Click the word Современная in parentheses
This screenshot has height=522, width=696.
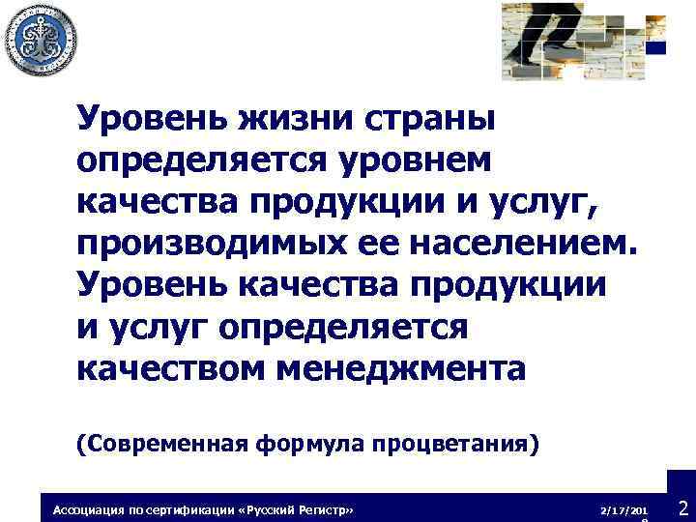pyautogui.click(x=162, y=444)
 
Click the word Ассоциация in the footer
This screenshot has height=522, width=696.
pyautogui.click(x=88, y=508)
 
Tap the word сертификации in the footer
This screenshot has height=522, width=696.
pyautogui.click(x=193, y=508)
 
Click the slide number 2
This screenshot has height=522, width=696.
pyautogui.click(x=682, y=507)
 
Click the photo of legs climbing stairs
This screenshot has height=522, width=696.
pyautogui.click(x=570, y=39)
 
